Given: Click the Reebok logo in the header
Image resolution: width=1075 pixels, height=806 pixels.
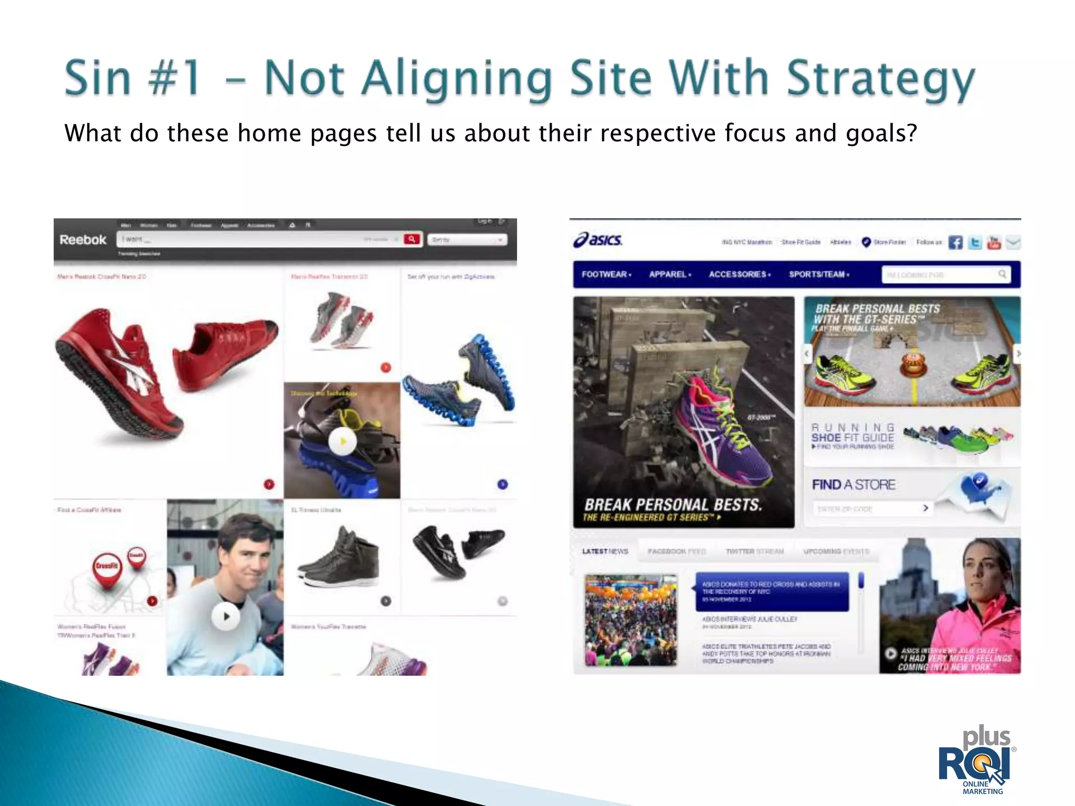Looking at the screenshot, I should pyautogui.click(x=83, y=240).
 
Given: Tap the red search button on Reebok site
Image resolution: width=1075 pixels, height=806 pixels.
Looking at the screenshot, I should pyautogui.click(x=412, y=239).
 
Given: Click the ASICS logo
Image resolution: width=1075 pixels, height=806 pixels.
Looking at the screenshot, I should pyautogui.click(x=598, y=240).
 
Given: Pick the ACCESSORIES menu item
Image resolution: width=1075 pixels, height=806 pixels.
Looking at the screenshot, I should pyautogui.click(x=739, y=274).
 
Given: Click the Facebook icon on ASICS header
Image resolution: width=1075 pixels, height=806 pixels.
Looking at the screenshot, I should pyautogui.click(x=955, y=242).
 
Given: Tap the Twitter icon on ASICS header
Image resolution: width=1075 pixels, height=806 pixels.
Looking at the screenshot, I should pyautogui.click(x=975, y=242).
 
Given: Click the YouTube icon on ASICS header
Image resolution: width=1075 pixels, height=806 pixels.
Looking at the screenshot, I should pyautogui.click(x=994, y=242).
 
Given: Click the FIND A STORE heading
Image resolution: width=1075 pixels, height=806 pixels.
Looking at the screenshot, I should pyautogui.click(x=853, y=485).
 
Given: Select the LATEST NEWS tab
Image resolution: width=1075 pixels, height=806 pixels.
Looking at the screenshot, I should pyautogui.click(x=605, y=552).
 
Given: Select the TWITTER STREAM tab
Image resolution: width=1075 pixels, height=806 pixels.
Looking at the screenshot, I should pyautogui.click(x=754, y=552).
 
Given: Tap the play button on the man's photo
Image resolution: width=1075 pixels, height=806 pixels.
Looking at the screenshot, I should pyautogui.click(x=226, y=617).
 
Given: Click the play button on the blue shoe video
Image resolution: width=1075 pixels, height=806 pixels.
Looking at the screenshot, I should pyautogui.click(x=342, y=441).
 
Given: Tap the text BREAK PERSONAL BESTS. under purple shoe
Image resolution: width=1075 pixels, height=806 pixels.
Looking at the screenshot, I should pyautogui.click(x=673, y=505).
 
